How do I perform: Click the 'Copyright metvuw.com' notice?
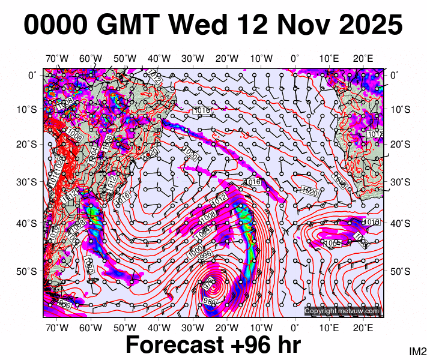pos(342,311)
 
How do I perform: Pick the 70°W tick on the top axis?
pos(57,58)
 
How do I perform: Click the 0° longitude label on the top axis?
pos(295,58)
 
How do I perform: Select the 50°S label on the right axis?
pos(401,272)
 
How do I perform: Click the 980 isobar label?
pos(210,301)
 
